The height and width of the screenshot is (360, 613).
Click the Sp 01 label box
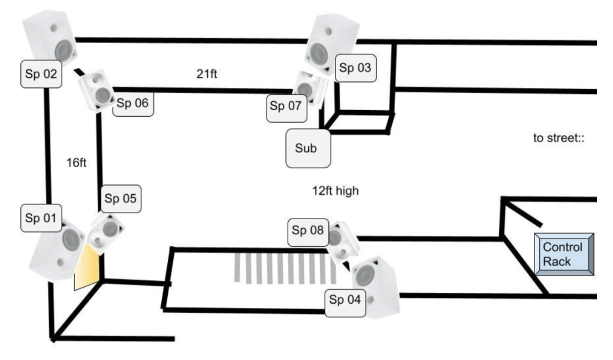click(x=40, y=219)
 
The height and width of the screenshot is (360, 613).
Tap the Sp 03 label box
click(x=356, y=68)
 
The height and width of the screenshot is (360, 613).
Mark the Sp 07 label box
click(x=286, y=107)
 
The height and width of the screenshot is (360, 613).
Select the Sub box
click(x=308, y=147)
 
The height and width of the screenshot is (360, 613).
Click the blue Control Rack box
click(x=563, y=254)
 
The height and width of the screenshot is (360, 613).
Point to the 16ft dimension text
click(x=77, y=162)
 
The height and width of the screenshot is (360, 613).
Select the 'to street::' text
click(x=558, y=138)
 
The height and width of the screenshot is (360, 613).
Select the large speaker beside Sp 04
click(x=375, y=286)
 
